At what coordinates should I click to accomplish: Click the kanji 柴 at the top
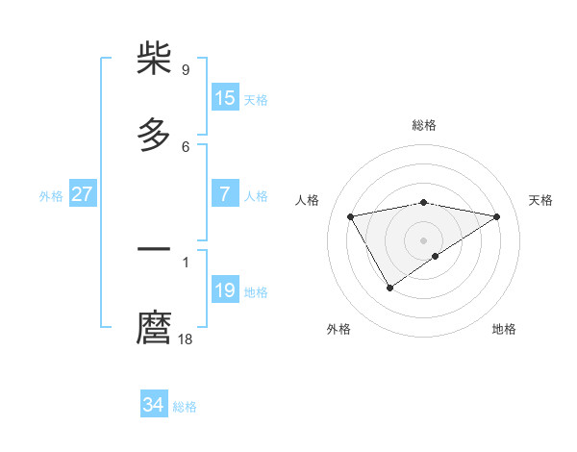pos(155,59)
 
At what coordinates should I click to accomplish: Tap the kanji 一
pos(155,250)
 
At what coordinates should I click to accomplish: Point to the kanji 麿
pos(155,327)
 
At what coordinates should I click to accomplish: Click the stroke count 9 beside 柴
pos(186,70)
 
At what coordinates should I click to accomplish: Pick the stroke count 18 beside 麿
pos(186,339)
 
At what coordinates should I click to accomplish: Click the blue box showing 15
pos(225,98)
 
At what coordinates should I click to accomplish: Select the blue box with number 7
pos(225,194)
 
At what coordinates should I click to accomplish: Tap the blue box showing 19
pos(225,290)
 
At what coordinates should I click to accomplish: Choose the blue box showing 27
pos(83,194)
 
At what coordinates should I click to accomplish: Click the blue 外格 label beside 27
pos(51,196)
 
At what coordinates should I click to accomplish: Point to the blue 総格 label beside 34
pos(185,407)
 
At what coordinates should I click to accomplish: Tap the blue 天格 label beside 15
pos(256,100)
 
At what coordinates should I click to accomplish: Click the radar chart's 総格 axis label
pos(424,125)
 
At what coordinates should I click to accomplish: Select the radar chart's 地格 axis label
pos(504,329)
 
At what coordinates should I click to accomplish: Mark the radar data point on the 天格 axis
pos(497,216)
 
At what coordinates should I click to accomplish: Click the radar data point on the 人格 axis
pos(350,215)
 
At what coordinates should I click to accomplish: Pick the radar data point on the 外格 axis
pos(389,288)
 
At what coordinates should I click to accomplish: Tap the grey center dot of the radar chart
pos(424,239)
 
